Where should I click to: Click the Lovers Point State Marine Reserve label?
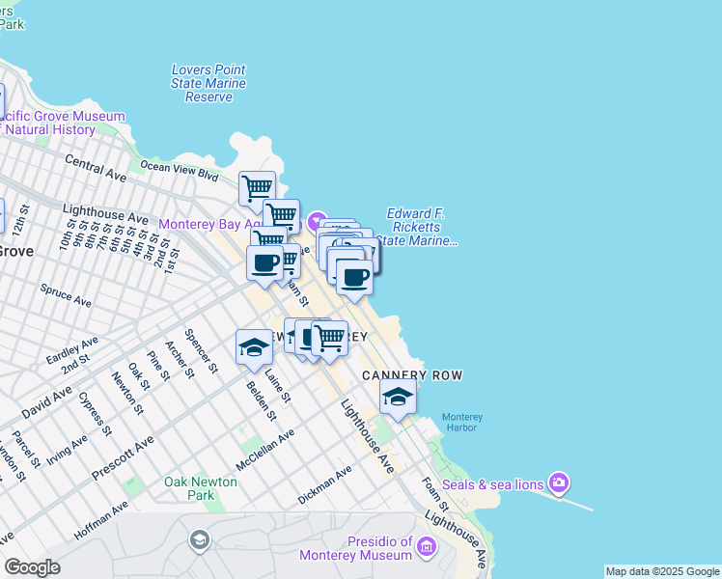pos(208,84)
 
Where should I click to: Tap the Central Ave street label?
pos(96,166)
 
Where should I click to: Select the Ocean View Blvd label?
pos(180,170)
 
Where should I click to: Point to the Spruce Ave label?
pos(66,295)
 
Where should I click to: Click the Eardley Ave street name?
pos(71,349)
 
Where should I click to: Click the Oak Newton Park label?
pos(201,488)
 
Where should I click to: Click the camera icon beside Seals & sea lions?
pos(558,482)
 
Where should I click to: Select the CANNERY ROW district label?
pos(412,374)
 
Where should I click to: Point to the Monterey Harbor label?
pos(462,423)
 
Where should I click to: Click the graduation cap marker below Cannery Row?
pos(398,396)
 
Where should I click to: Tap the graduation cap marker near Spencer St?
pos(254,348)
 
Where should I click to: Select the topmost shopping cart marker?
pos(257,188)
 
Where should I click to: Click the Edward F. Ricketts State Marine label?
pos(420,227)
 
